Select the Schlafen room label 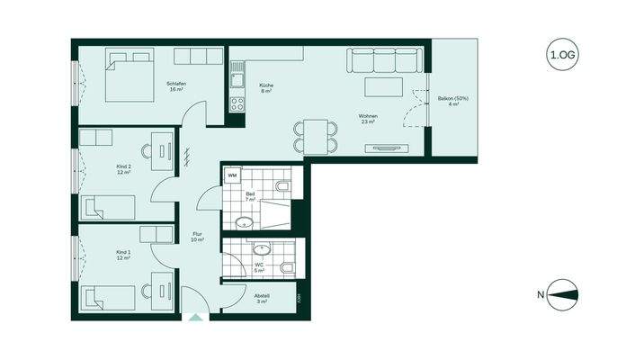pos(175,87)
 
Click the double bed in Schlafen pos(128,76)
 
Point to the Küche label pos(266,88)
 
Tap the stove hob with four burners pos(237,103)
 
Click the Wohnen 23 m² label pos(367,118)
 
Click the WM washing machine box pos(232,176)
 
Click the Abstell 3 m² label pos(262,298)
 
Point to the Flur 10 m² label pos(198,238)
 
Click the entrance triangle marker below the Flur pos(195,317)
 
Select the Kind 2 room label pos(123,169)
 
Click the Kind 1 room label pos(123,255)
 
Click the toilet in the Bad pos(284,186)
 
